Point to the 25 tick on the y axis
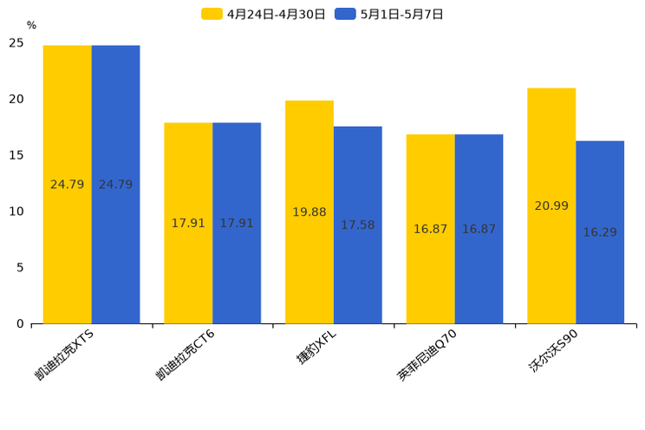tap(16, 42)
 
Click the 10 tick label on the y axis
tap(16, 212)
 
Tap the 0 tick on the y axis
tap(20, 324)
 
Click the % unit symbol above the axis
tap(31, 26)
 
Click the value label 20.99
tap(551, 205)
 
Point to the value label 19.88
tap(309, 212)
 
